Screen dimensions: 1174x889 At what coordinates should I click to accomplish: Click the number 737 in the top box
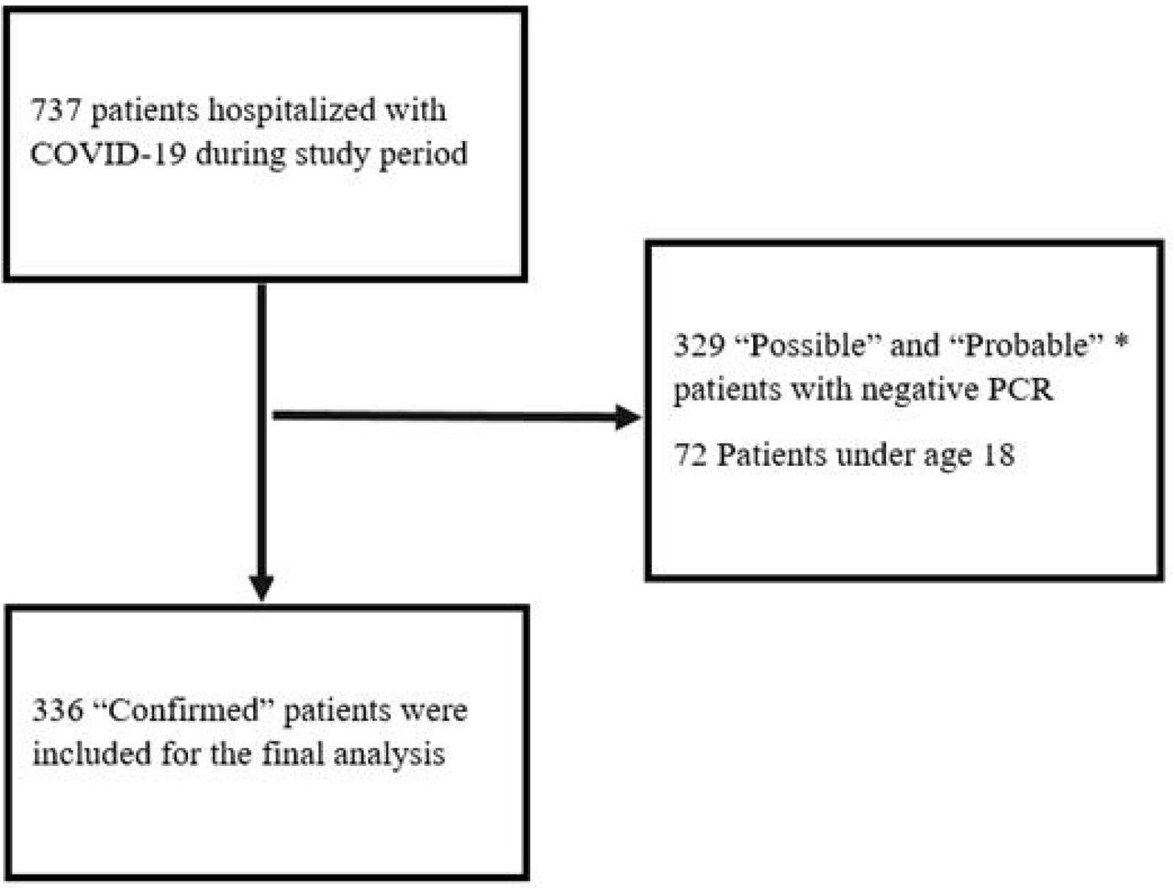(56, 110)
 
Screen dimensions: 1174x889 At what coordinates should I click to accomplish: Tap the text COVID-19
(108, 154)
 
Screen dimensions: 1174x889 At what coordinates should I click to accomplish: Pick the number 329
(699, 345)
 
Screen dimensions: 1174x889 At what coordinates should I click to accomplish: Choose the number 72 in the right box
(691, 455)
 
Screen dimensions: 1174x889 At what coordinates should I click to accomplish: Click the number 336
(58, 711)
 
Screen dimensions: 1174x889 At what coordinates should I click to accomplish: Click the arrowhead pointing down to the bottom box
(261, 588)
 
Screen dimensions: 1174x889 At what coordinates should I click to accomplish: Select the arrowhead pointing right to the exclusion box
(628, 417)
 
